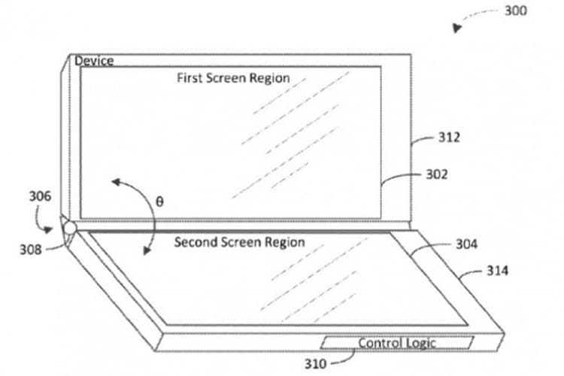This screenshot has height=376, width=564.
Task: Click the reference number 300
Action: [x=516, y=11]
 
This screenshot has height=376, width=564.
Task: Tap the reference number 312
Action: [x=449, y=138]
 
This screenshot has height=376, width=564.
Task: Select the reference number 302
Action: [x=437, y=174]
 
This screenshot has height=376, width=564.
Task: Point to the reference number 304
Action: [x=466, y=244]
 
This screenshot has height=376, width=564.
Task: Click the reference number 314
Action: [x=498, y=271]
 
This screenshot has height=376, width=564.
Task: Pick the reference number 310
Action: [x=315, y=364]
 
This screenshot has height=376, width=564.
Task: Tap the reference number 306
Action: [x=40, y=196]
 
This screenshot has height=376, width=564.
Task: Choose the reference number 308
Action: [x=31, y=250]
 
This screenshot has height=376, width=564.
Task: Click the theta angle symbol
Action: [x=159, y=202]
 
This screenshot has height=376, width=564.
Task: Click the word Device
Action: [x=94, y=61]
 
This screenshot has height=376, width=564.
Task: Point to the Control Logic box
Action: [x=397, y=343]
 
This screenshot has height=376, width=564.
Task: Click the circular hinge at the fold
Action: [x=69, y=228]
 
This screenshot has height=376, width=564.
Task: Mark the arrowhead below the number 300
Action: [x=456, y=28]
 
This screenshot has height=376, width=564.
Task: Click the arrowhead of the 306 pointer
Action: [x=48, y=229]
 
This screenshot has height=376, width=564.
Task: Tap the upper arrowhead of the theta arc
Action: [x=116, y=182]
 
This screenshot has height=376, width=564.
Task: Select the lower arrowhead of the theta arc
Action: [x=147, y=250]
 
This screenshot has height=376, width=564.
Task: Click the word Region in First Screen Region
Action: [x=270, y=78]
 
